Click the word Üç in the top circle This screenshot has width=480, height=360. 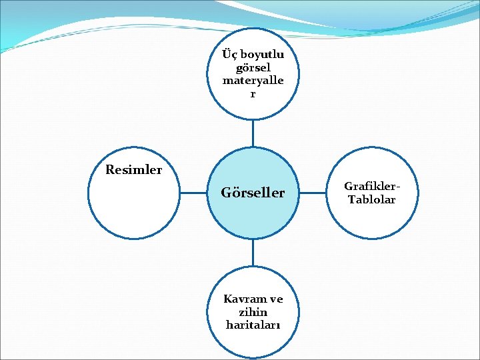pyautogui.click(x=231, y=55)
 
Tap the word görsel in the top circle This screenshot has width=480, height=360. pyautogui.click(x=253, y=68)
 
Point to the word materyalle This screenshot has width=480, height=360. pyautogui.click(x=253, y=81)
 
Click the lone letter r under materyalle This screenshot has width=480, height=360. pyautogui.click(x=253, y=94)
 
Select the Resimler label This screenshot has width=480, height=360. pyautogui.click(x=133, y=170)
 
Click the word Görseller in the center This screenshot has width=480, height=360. pyautogui.click(x=253, y=193)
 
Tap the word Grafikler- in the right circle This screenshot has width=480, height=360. pyautogui.click(x=372, y=187)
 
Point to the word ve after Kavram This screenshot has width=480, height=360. pyautogui.click(x=276, y=299)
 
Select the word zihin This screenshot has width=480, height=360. pyautogui.click(x=253, y=312)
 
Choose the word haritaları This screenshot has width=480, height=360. pyautogui.click(x=253, y=325)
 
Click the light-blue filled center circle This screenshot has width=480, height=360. pyautogui.click(x=253, y=213)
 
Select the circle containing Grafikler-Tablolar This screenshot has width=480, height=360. pyautogui.click(x=372, y=220)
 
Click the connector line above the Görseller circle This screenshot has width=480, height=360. pyautogui.click(x=253, y=133)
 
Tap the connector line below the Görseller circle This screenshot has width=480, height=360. pyautogui.click(x=253, y=253)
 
